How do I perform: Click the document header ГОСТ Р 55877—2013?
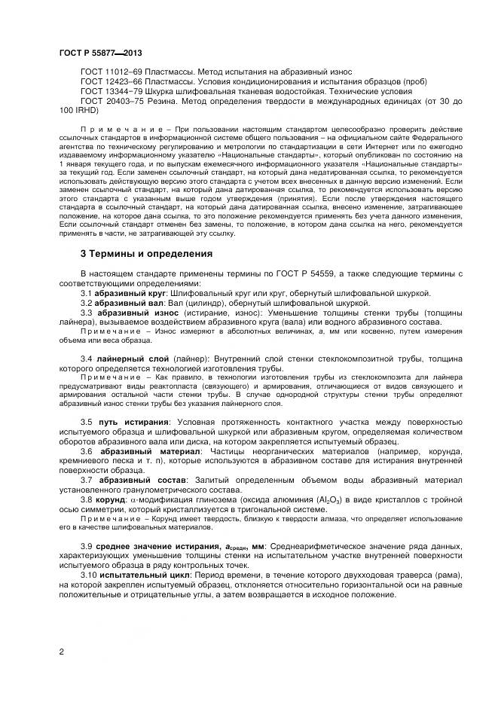[99, 53]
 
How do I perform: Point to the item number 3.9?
[87, 545]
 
